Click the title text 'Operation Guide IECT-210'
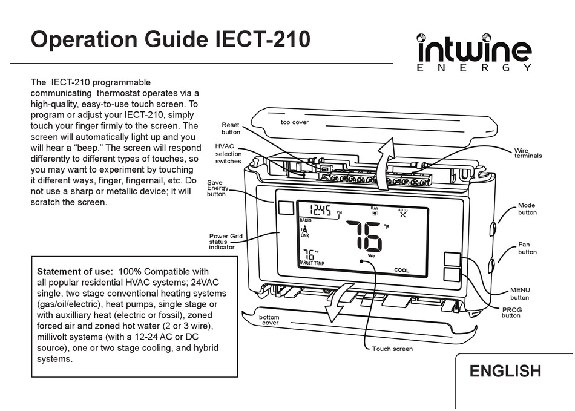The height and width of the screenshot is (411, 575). [171, 39]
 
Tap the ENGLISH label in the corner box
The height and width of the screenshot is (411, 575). [505, 371]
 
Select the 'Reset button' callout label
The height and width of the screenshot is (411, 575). [231, 128]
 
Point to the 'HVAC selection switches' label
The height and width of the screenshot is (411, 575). [228, 154]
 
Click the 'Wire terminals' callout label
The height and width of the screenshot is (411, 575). [528, 153]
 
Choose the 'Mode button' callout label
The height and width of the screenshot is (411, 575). [527, 209]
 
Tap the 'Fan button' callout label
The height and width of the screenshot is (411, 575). [527, 248]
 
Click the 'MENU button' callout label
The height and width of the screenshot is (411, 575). [519, 294]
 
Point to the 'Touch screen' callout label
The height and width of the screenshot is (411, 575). [392, 349]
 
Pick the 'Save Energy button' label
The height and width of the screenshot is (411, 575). [218, 188]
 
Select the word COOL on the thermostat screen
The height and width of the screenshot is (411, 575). [401, 271]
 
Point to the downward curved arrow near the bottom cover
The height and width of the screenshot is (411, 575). [337, 303]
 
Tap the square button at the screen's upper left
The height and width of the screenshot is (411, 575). [285, 208]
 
